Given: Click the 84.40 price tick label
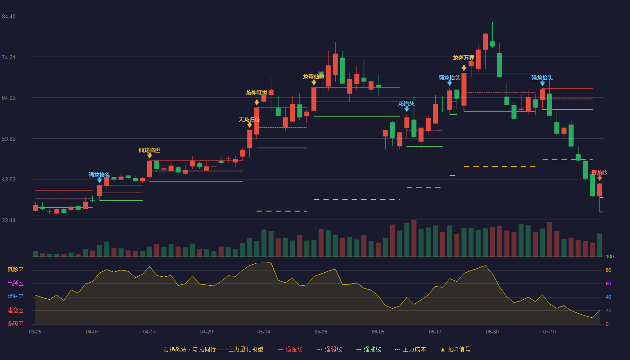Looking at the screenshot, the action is coord(9,17).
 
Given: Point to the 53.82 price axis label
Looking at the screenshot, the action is coord(9,139).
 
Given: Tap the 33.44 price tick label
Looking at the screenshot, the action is coord(9,220).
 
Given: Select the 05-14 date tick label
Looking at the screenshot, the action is coord(264,332).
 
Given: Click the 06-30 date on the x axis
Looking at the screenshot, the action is coord(492,332).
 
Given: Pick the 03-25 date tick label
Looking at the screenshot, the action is coord(35,332).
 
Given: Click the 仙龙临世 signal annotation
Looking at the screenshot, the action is coord(149,150).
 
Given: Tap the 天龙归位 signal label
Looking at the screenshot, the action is coord(249,120).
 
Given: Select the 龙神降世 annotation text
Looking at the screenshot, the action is coord(256,93).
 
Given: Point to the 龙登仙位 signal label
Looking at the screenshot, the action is coord(314,77).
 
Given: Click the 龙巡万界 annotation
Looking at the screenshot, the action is coord(463,58).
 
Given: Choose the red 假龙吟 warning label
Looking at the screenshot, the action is coord(599,173).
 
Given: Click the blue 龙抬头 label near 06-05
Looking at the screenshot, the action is coord(406,103).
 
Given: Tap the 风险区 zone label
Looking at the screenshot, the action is coord(15,270).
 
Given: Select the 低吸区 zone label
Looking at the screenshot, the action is coord(15,324).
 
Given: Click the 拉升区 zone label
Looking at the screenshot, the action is coord(15,297).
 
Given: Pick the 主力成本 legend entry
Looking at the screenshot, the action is coord(410,350).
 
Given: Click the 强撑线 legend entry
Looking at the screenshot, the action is coord(369,350).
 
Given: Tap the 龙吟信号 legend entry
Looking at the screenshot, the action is coord(455,350).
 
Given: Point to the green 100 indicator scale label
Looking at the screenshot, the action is coord(610,257).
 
